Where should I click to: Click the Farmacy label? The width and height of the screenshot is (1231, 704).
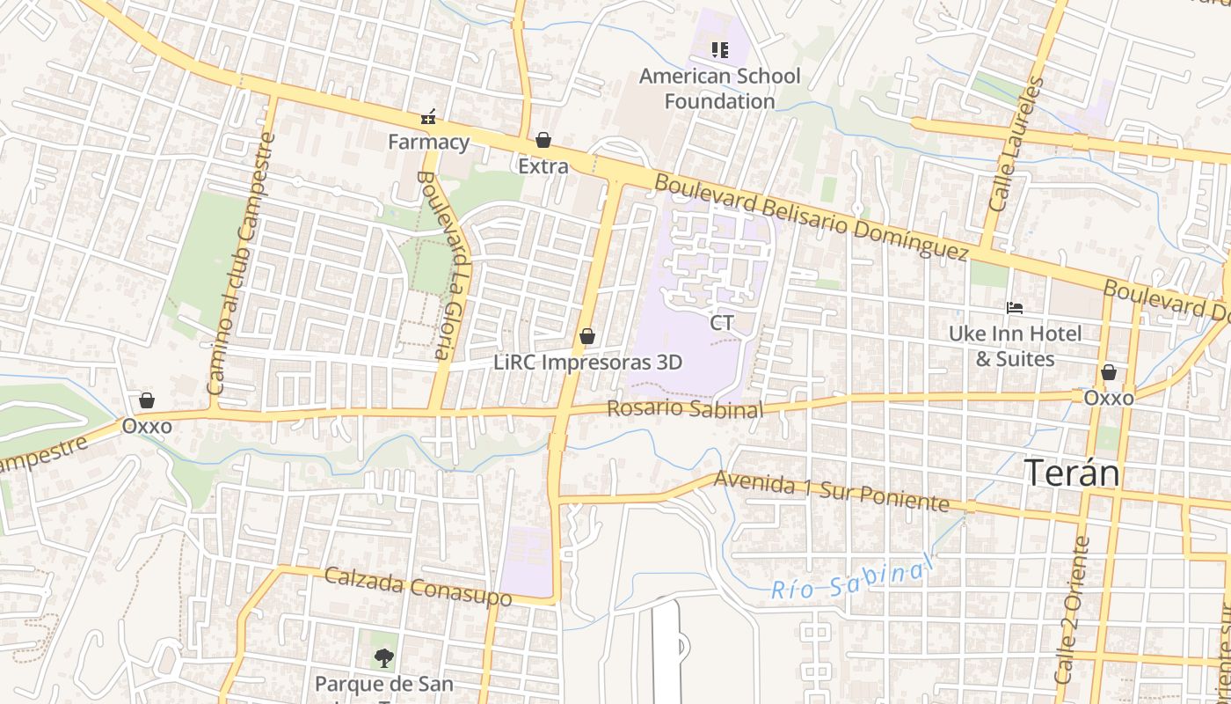[429, 142]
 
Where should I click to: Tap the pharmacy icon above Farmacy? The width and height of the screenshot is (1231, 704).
[429, 116]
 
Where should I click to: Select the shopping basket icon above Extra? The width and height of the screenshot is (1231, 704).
[543, 140]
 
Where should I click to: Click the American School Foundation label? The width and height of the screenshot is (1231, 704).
[719, 88]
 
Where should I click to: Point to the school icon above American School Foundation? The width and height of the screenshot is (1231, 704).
[720, 50]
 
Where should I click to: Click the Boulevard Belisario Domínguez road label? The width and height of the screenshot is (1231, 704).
[812, 216]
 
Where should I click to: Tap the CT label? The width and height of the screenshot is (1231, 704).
[722, 323]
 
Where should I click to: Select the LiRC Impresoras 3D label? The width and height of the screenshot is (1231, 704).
[587, 362]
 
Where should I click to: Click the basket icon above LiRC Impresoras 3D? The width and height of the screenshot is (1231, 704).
[587, 336]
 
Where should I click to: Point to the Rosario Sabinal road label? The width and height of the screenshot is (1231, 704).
[684, 409]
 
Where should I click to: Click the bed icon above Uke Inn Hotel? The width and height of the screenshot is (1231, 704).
[1015, 308]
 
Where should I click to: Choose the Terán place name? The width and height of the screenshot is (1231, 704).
[1073, 473]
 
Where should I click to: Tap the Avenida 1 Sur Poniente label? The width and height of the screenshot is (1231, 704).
[832, 491]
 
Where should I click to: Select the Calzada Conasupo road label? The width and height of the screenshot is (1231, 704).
[418, 587]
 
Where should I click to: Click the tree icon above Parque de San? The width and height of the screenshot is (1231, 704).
[383, 656]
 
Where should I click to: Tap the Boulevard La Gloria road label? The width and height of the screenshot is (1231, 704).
[447, 264]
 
